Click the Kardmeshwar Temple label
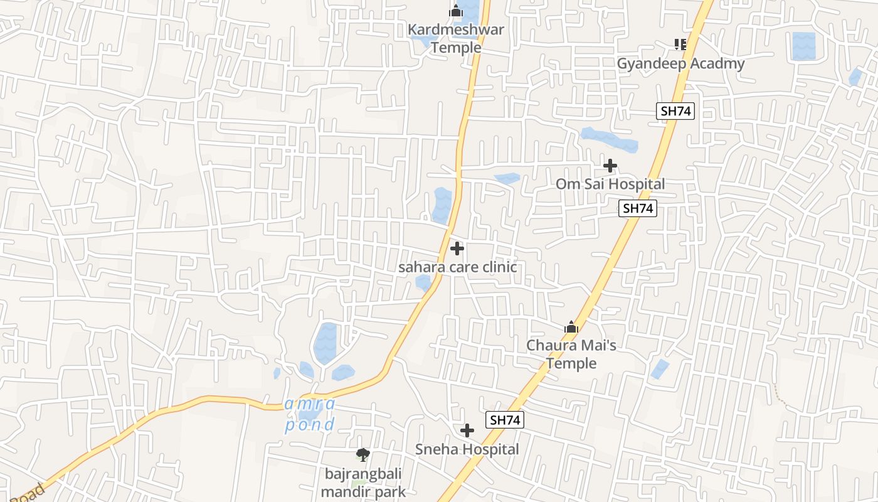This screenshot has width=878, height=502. [x=456, y=38]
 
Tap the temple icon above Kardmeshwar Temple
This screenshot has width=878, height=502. [x=456, y=11]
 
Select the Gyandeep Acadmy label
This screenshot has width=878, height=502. [x=680, y=63]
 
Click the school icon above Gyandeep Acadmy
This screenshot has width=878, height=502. [x=680, y=45]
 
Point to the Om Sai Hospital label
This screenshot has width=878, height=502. [x=610, y=184]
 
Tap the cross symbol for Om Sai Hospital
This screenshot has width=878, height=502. [x=610, y=166]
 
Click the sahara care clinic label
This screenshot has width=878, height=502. [x=458, y=267]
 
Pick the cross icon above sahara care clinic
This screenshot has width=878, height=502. [x=457, y=248]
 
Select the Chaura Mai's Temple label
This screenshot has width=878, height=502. [x=571, y=354]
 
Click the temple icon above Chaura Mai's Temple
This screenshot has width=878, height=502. [x=571, y=327]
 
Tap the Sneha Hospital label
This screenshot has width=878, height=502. [x=467, y=449]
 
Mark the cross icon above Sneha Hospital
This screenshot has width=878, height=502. [x=467, y=430]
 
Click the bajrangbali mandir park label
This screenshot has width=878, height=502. [x=363, y=483]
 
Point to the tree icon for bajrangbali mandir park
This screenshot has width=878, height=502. [x=362, y=455]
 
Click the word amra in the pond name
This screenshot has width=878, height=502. [x=310, y=403]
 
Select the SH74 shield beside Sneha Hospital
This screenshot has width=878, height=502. [x=504, y=420]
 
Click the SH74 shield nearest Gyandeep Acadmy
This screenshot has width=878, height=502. [x=675, y=111]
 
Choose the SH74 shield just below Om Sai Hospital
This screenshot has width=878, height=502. [x=638, y=209]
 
